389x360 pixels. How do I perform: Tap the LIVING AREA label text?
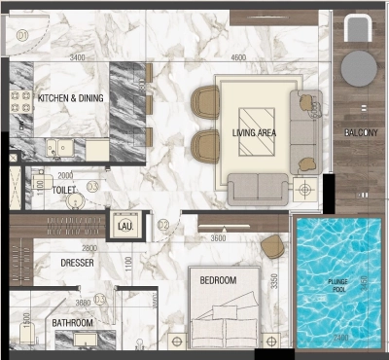click(257, 131)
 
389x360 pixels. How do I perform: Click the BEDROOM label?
click(218, 280)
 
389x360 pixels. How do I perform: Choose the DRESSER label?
click(76, 262)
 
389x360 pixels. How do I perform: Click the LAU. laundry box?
click(124, 226)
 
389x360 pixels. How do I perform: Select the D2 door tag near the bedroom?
click(163, 226)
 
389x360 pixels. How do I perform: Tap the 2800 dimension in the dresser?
click(87, 248)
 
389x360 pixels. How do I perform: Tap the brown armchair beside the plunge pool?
click(273, 246)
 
